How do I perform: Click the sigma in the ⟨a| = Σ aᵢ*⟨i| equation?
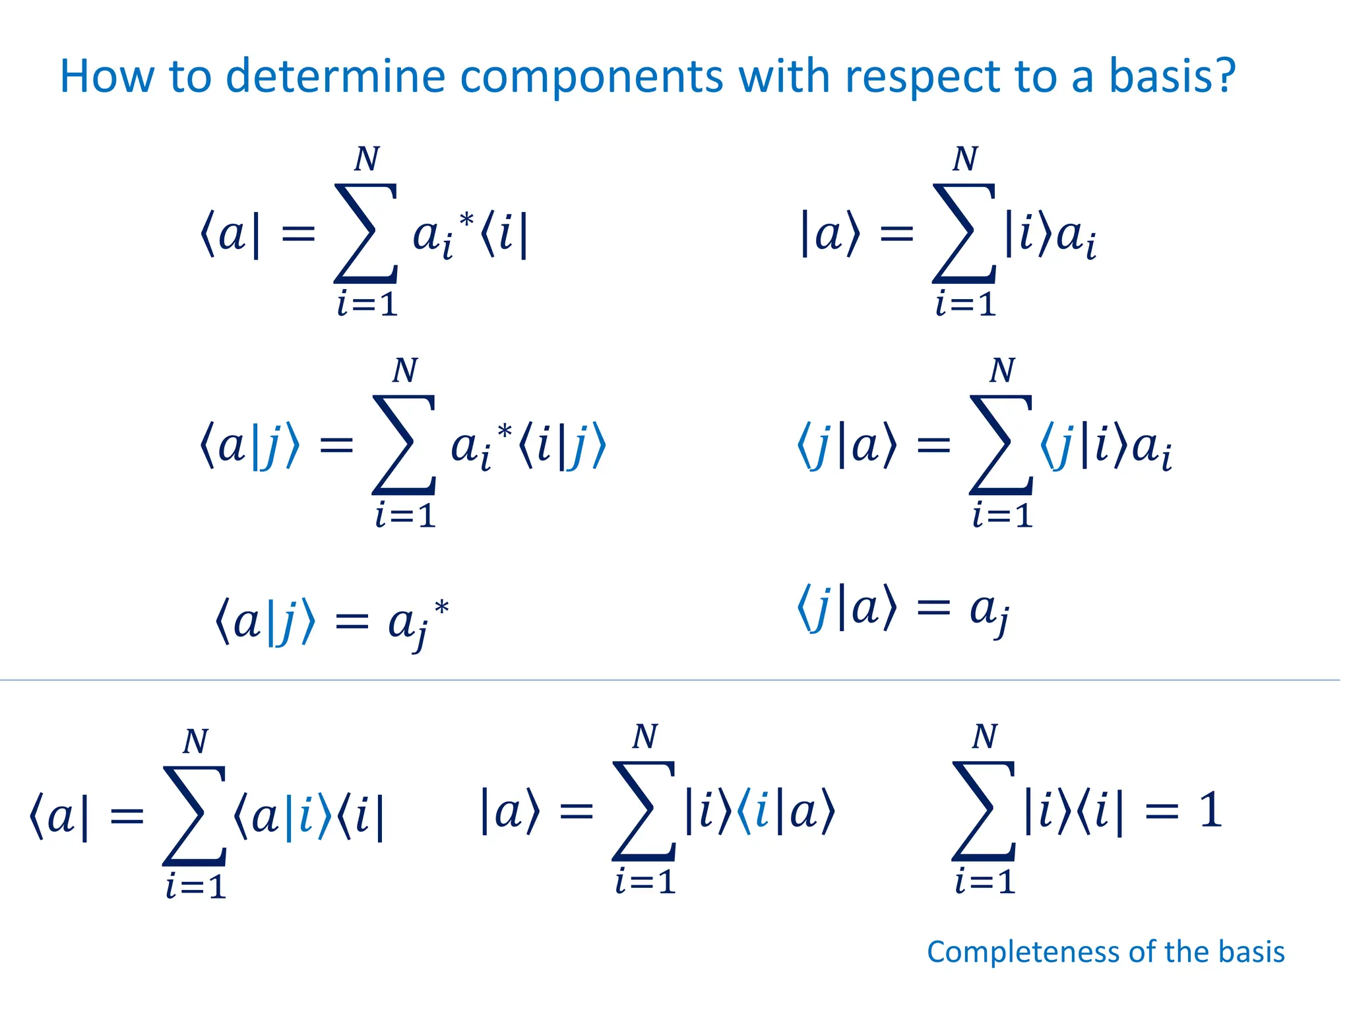366,233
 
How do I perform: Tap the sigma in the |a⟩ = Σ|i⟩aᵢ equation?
964,233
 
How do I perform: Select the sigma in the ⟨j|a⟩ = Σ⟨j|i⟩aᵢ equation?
1001,444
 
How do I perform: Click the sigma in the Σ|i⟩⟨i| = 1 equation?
984,811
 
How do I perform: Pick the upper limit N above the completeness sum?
985,736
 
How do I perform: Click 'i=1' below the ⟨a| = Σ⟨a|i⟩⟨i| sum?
196,886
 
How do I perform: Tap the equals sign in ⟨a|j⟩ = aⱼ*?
352,622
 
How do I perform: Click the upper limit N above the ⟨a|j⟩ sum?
404,370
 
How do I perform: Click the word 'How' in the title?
106,76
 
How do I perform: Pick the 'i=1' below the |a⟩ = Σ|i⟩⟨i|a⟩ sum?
645,882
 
